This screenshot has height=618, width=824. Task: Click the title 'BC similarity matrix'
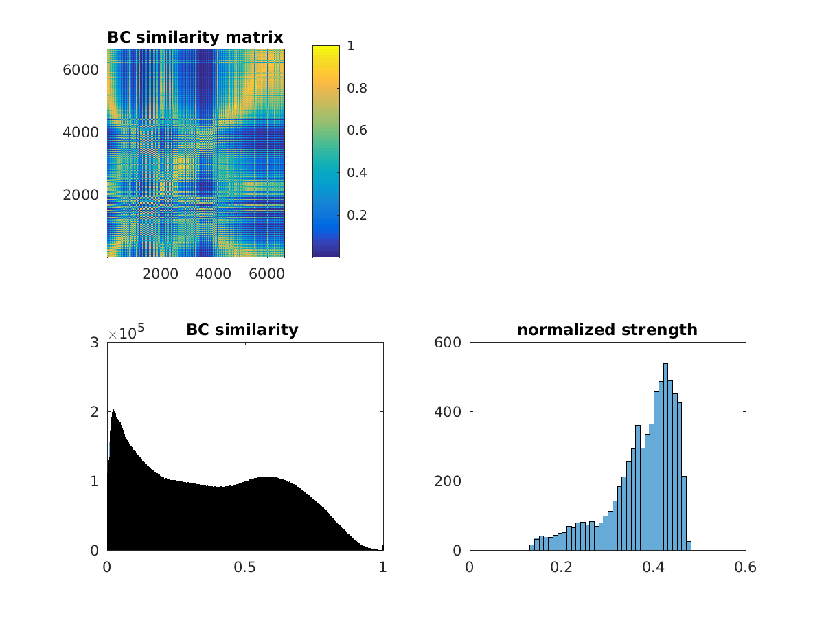point(195,37)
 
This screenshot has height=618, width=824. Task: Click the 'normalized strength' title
point(607,330)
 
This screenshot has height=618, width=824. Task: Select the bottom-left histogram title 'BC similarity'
point(242,330)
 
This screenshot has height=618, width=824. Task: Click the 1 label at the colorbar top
point(351,46)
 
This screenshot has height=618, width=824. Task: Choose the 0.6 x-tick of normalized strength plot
point(745,567)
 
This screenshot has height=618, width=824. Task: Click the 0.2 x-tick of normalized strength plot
point(562,567)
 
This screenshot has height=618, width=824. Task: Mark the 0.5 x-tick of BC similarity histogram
point(245,567)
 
